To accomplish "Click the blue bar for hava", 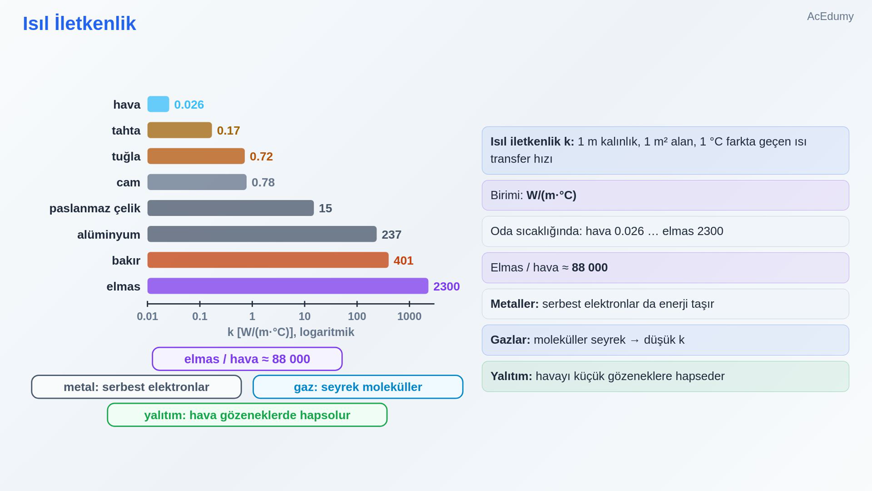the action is (x=158, y=104).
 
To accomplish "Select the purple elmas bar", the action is (x=288, y=286).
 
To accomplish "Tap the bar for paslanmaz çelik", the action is (x=231, y=208).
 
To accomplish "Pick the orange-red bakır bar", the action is (x=268, y=260).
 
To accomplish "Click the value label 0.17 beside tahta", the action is (x=228, y=130).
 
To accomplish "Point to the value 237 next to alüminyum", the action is (x=391, y=235).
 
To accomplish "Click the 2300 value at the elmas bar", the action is (x=446, y=286).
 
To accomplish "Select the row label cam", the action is (x=128, y=182).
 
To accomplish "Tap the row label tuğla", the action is (x=126, y=157).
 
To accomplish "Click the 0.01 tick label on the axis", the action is (x=147, y=316).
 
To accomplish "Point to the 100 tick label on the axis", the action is (x=357, y=316).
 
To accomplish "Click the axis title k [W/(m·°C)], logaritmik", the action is (x=291, y=332).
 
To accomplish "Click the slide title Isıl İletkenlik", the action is (x=80, y=23).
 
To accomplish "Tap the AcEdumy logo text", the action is (x=831, y=16).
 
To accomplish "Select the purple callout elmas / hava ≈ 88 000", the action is (x=247, y=359).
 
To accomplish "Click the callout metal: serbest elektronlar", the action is (x=136, y=387).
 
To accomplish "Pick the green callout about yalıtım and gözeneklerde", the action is (x=247, y=415).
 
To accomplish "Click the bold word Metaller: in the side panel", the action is (x=514, y=304).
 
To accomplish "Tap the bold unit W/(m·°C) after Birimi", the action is (x=551, y=195).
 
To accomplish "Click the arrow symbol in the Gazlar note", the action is (x=634, y=340).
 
